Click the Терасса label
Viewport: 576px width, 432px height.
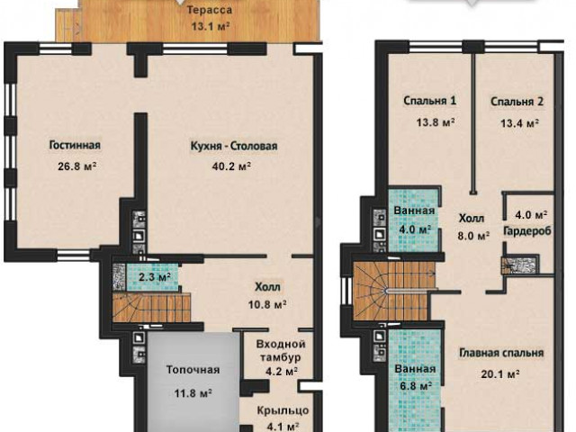(210, 10)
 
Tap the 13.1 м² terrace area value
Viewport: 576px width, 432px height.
(211, 26)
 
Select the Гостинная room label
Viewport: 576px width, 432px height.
(75, 145)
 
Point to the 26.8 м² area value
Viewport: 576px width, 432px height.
(77, 166)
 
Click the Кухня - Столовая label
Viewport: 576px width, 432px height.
(234, 146)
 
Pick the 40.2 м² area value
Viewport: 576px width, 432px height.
(231, 166)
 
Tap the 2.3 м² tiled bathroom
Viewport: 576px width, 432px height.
(152, 276)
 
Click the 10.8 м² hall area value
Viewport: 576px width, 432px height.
(267, 304)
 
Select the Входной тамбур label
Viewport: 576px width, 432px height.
(281, 350)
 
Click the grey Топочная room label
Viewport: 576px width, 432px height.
(193, 370)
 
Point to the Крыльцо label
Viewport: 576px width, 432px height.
(283, 410)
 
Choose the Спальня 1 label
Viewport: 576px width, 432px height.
(430, 101)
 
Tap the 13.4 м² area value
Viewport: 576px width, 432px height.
(520, 123)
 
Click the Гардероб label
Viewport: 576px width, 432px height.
(527, 231)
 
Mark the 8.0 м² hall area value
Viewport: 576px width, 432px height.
(473, 236)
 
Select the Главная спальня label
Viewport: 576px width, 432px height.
(501, 353)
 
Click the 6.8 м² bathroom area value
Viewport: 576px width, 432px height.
(415, 386)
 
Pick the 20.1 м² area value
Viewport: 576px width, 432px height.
(500, 374)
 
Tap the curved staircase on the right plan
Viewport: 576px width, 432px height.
(394, 291)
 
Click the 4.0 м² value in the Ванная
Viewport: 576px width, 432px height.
(415, 230)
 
